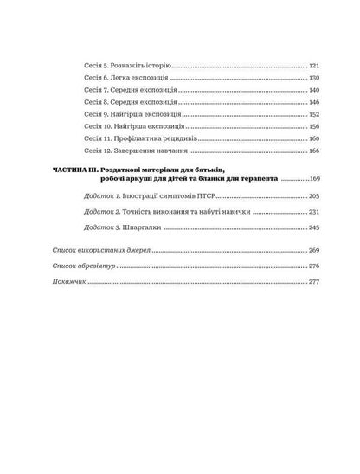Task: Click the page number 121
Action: coord(313,66)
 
